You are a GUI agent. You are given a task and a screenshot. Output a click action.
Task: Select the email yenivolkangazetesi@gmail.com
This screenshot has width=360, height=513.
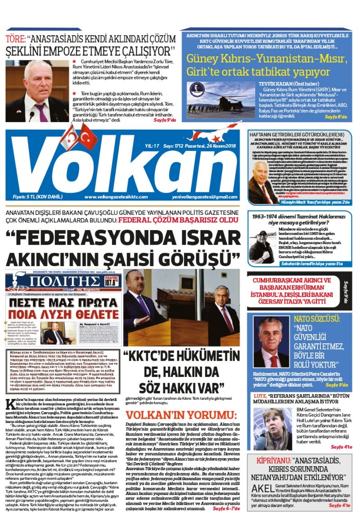[x=205, y=197]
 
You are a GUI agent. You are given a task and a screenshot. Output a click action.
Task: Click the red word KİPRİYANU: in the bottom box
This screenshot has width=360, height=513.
[x=272, y=461]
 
